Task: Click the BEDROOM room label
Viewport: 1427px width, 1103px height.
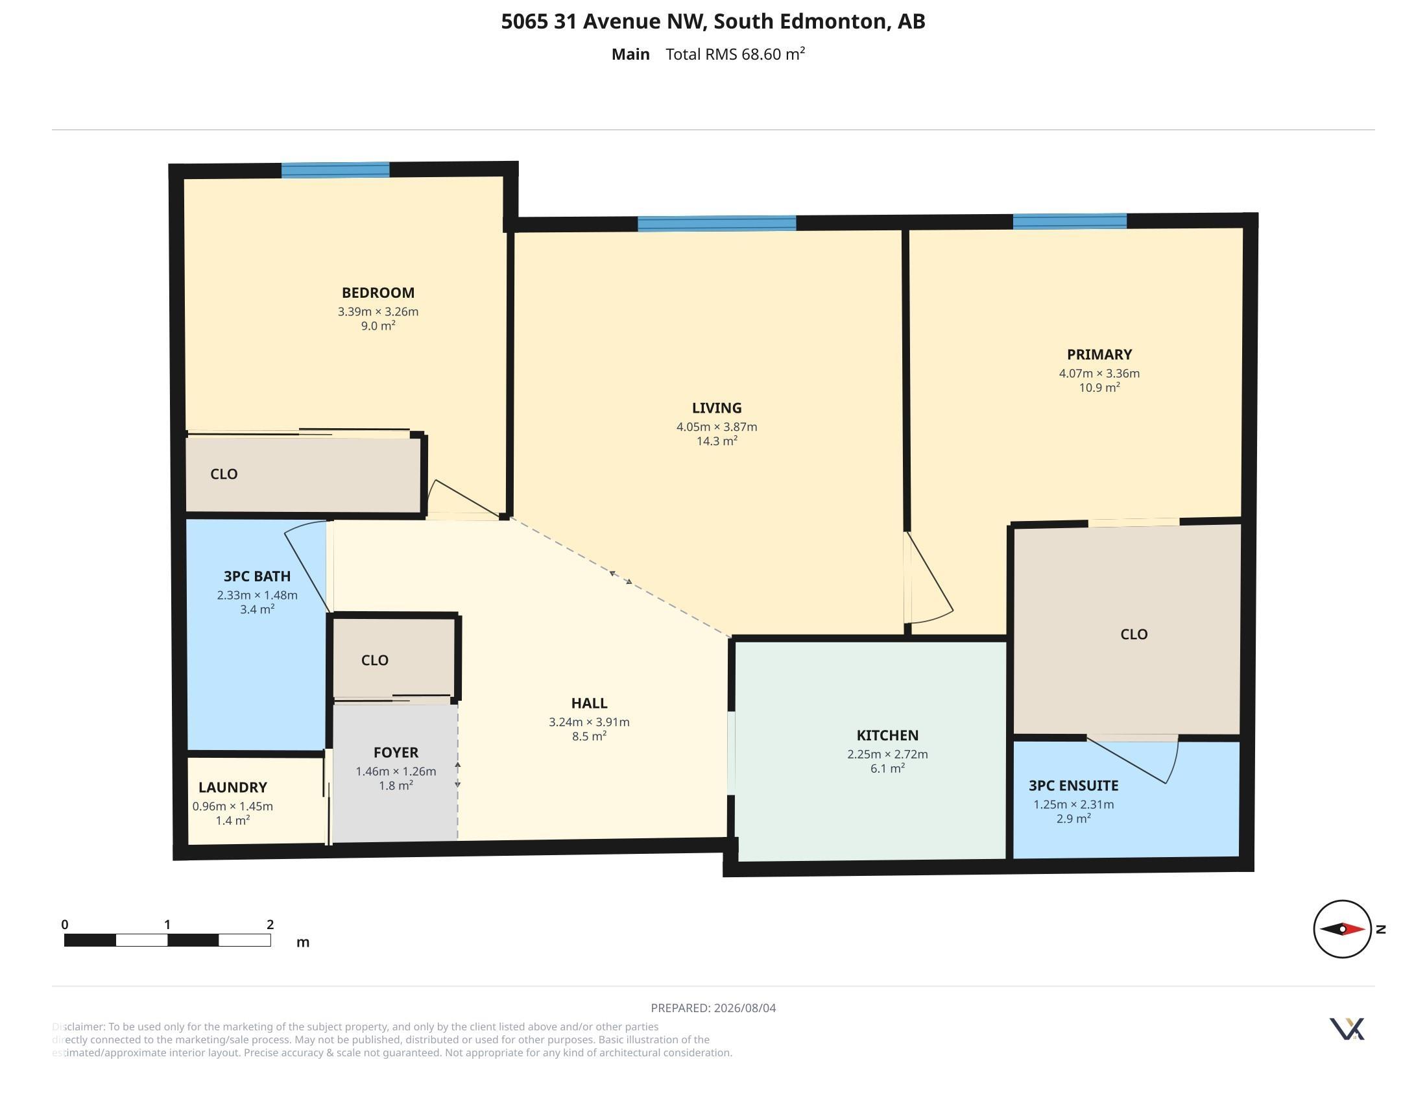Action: [378, 293]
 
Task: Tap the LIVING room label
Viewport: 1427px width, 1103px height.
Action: [717, 407]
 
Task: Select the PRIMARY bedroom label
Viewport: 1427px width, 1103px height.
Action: [1099, 354]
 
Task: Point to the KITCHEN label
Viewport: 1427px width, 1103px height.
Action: [887, 735]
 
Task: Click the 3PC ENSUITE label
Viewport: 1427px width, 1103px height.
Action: [1073, 786]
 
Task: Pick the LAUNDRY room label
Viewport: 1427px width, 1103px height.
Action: [233, 788]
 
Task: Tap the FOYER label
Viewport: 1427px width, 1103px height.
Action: [396, 752]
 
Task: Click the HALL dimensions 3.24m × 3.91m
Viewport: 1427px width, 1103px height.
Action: [589, 722]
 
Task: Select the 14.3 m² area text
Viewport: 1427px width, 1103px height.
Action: [717, 441]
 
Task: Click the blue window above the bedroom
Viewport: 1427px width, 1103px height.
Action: [335, 170]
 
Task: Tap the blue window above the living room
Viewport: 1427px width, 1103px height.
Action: [717, 223]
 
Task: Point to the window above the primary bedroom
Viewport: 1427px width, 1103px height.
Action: [1070, 221]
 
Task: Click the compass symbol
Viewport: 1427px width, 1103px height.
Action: [1343, 928]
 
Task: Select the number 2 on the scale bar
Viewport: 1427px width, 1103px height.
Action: [270, 925]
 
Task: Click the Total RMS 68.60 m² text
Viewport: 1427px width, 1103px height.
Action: [735, 54]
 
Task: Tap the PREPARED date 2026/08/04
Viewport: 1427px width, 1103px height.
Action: [745, 1008]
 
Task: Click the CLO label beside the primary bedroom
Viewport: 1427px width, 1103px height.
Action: [1134, 635]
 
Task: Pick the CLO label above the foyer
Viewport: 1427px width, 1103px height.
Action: [374, 661]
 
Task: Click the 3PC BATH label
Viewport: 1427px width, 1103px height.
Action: [257, 576]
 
